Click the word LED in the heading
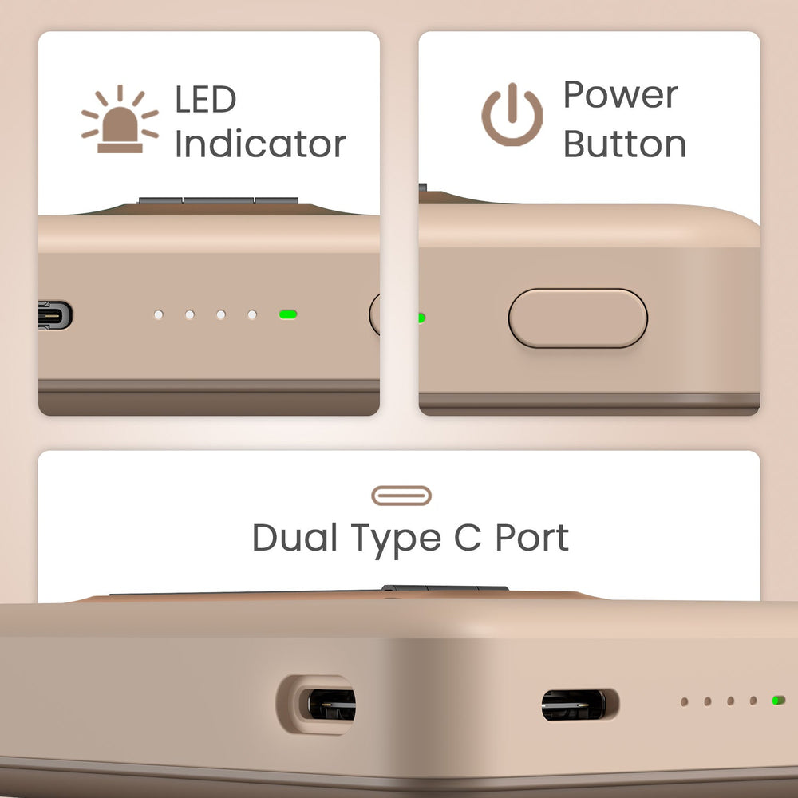click(x=206, y=99)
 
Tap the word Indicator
click(x=260, y=144)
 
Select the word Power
click(x=620, y=95)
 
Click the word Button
click(x=625, y=144)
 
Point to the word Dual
click(x=294, y=537)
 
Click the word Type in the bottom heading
click(x=396, y=541)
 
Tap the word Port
click(x=531, y=538)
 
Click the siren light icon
click(x=120, y=120)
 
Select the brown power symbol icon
click(x=512, y=114)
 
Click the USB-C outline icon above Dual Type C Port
click(x=401, y=496)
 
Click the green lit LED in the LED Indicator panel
click(x=288, y=314)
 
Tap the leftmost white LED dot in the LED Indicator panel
click(x=159, y=315)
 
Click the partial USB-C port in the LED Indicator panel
click(x=55, y=315)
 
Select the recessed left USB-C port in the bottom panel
click(x=326, y=705)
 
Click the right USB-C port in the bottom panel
click(x=579, y=705)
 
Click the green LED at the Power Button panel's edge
click(x=422, y=318)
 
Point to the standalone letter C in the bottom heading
click(x=468, y=538)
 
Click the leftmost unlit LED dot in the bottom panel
click(x=685, y=702)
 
